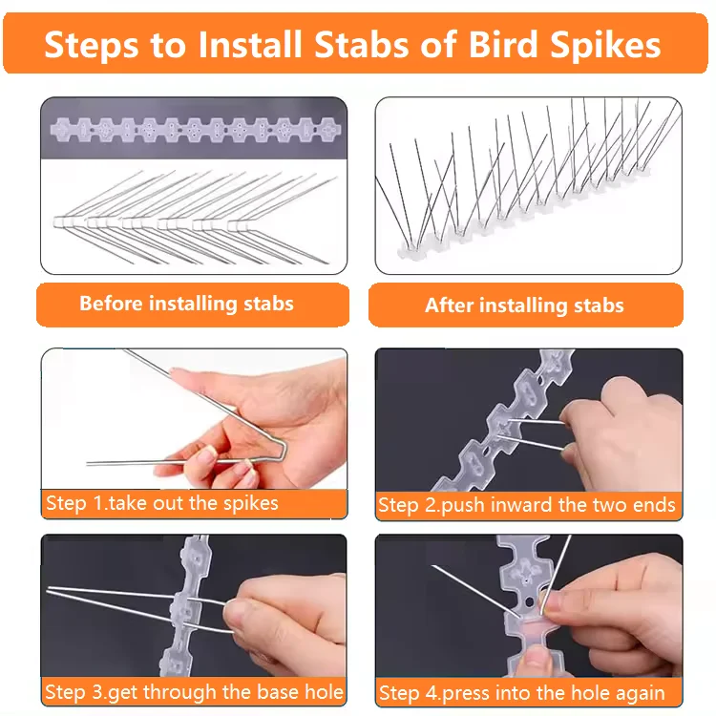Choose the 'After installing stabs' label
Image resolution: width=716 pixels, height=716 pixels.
click(x=524, y=305)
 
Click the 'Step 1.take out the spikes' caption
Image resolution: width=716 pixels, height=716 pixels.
click(x=161, y=503)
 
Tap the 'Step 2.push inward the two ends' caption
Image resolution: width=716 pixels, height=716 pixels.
click(x=527, y=505)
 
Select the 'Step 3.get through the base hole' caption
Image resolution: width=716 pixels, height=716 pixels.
click(x=194, y=691)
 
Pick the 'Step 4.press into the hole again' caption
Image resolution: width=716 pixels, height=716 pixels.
click(x=521, y=692)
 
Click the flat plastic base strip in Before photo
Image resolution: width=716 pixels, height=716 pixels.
click(x=191, y=127)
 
